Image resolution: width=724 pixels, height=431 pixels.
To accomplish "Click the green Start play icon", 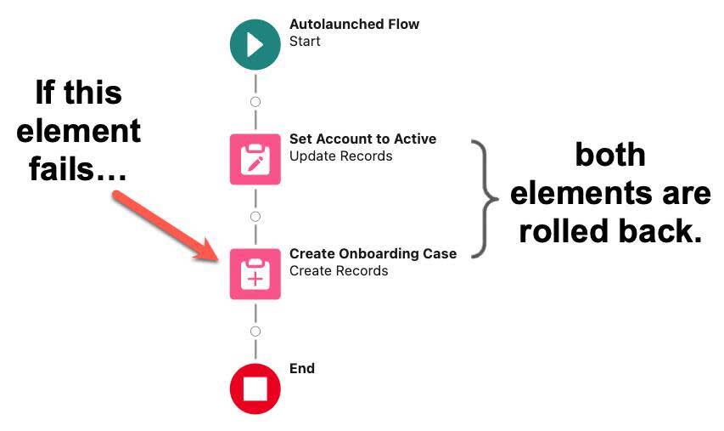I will (255, 43).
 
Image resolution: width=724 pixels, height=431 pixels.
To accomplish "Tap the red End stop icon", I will (255, 388).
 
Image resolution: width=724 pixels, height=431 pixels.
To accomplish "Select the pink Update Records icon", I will (255, 159).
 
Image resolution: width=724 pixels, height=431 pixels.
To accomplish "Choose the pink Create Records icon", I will (255, 274).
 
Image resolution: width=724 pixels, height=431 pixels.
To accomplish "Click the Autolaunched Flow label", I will (354, 24).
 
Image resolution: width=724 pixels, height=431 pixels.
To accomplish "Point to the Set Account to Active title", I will (362, 139).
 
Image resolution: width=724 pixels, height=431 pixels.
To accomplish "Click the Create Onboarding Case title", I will (373, 253).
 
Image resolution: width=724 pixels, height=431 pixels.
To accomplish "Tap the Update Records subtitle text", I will (340, 156).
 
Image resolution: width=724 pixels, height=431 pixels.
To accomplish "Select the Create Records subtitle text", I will (339, 271).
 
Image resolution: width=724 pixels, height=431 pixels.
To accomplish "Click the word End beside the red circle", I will (302, 368).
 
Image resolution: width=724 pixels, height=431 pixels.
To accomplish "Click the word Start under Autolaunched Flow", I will (305, 41).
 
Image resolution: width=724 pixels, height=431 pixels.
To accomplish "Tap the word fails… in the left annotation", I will (77, 168).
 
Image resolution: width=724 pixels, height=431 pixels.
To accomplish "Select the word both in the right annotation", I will (610, 155).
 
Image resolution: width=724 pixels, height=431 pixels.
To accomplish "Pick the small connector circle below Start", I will (255, 102).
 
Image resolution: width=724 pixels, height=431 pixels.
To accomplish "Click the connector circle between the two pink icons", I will (255, 217).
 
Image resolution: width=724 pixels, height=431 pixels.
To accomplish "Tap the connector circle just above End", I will (255, 332).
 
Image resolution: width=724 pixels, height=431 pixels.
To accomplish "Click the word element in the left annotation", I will (79, 131).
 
